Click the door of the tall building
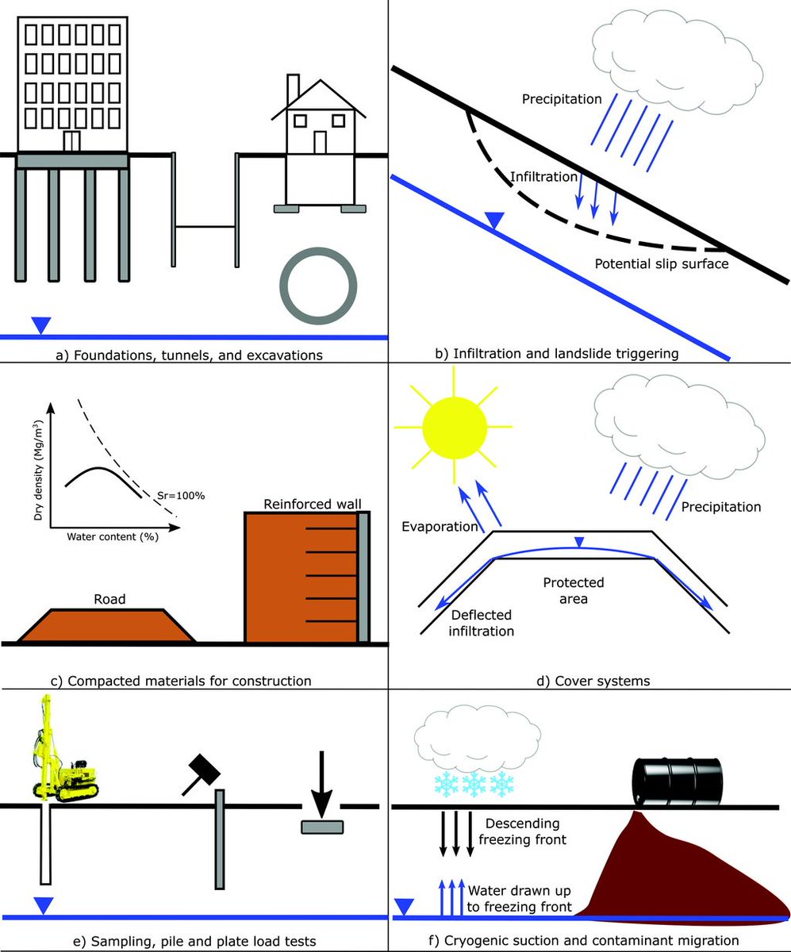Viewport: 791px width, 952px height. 72,141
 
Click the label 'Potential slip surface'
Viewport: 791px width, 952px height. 661,263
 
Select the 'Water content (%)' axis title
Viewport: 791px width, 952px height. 109,537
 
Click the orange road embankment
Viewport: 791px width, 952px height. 107,625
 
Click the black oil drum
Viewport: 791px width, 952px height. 678,781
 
